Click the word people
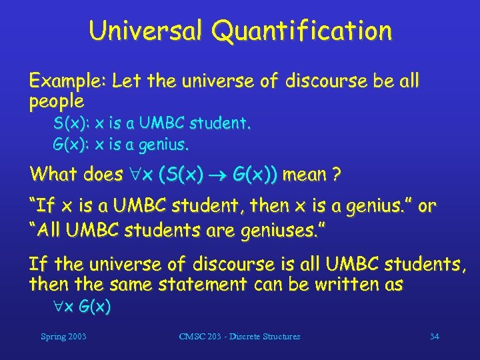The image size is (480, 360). [56, 102]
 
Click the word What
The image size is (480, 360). [54, 175]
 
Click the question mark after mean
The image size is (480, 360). [337, 175]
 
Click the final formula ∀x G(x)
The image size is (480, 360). [83, 307]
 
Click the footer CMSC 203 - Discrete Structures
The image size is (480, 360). [239, 337]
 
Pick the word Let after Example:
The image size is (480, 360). [125, 81]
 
